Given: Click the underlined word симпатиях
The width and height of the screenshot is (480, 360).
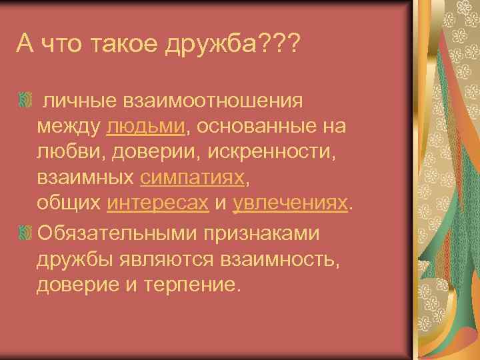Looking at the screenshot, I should (193, 178).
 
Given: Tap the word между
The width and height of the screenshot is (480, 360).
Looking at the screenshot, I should (68, 126).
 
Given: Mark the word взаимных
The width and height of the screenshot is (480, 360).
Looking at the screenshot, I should (86, 178).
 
